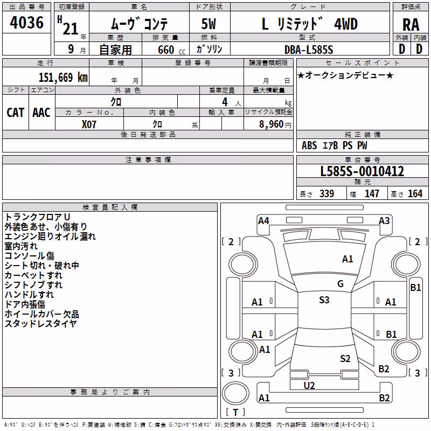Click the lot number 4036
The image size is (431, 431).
pos(26,23)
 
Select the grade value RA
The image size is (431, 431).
pos(411,25)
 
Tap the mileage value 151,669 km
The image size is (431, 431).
pos(63,77)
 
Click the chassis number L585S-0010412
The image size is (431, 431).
pos(362,171)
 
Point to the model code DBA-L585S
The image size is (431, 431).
pos(309,50)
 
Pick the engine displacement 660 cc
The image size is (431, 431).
pos(171,50)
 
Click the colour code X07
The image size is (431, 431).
pos(89,124)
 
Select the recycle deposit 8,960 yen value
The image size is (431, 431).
pos(275,124)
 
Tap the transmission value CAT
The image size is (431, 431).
pos(16,113)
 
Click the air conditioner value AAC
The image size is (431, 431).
pos(41,113)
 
